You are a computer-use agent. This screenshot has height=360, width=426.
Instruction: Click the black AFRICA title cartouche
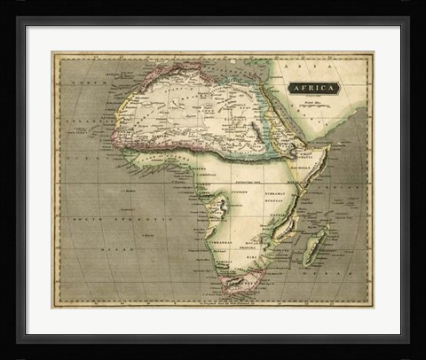point(312,88)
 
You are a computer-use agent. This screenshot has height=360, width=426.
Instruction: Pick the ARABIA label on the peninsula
point(315,124)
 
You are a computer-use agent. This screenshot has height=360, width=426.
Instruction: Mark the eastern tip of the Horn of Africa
point(329,150)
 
